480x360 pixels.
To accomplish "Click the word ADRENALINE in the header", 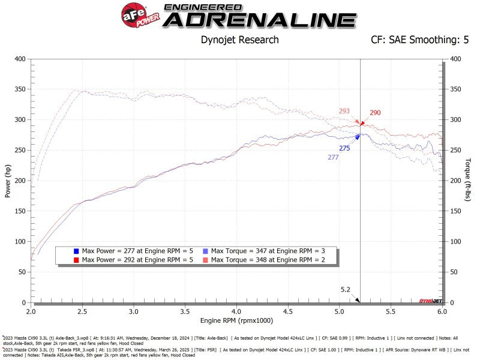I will click(259, 20).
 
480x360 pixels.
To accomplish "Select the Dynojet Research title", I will click(239, 40).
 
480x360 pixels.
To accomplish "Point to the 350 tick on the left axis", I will click(20, 89).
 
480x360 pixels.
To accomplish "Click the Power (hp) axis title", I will click(8, 181).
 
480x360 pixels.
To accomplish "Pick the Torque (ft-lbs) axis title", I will click(469, 181).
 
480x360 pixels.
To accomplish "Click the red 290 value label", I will click(375, 113).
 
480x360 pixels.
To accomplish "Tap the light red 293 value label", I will click(344, 111).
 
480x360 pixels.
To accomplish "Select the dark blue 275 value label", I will click(344, 148).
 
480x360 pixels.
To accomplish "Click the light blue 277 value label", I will click(333, 157).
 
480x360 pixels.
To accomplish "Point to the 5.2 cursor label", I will click(345, 289).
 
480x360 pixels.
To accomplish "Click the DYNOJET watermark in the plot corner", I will click(430, 299).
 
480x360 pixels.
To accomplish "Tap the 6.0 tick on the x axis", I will click(442, 313).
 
